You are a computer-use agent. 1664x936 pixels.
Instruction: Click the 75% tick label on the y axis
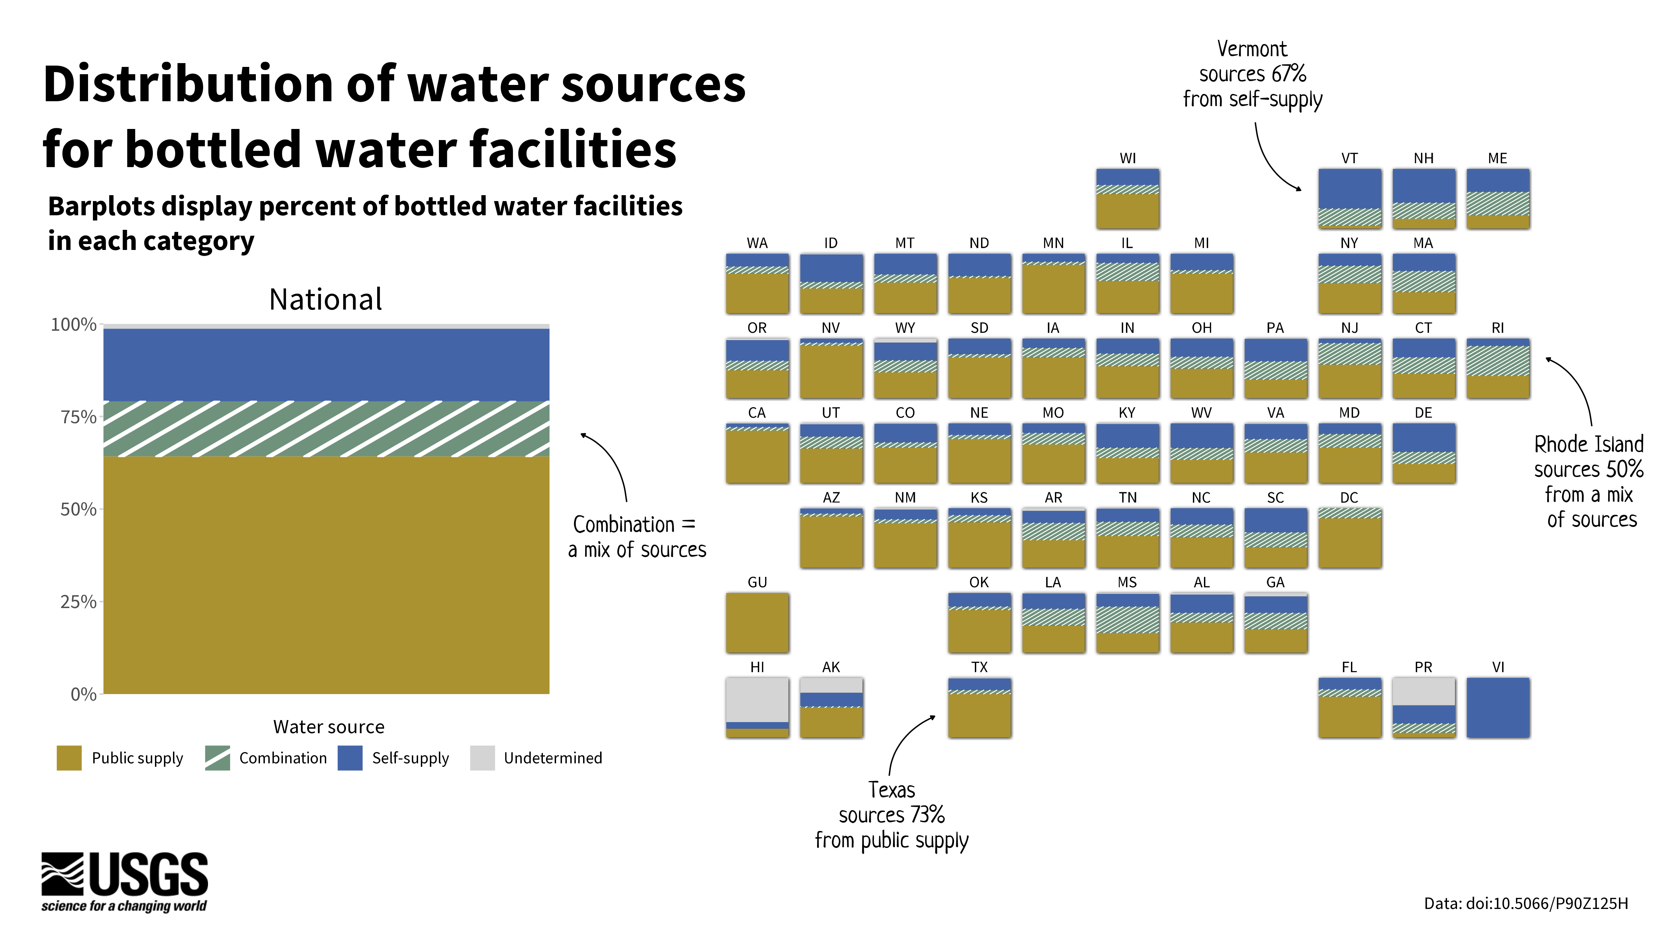coord(78,417)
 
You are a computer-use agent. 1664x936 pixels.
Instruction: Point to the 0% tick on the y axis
coord(83,694)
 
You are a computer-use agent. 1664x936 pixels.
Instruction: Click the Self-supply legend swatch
coord(349,758)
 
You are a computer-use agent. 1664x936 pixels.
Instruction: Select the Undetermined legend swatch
coord(482,758)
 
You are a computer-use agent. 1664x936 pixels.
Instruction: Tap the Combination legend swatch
coord(217,758)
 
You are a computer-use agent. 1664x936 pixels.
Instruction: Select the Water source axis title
coord(328,727)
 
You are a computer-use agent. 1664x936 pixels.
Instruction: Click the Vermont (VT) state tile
coord(1350,198)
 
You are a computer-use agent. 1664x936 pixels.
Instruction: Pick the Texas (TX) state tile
coord(979,707)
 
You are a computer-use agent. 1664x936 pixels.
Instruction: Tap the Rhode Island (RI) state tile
coord(1497,368)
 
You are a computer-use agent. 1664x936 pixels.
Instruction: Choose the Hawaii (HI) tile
coord(757,707)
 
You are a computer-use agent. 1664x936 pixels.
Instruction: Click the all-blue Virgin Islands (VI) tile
coord(1497,707)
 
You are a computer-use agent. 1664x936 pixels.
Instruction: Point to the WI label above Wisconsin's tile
coord(1127,158)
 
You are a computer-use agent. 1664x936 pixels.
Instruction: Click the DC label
coord(1349,497)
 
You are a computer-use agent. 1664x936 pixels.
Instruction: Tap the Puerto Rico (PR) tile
coord(1423,707)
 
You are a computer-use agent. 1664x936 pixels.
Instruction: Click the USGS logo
coord(125,882)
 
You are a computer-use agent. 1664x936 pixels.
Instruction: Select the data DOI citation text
coord(1526,903)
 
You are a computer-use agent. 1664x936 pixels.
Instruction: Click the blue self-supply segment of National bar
coord(326,365)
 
